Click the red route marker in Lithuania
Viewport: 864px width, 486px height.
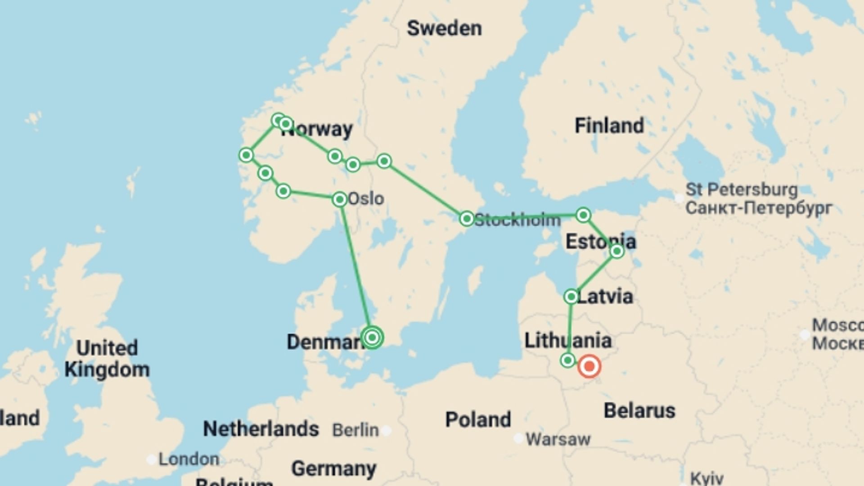(589, 366)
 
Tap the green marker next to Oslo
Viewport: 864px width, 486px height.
(340, 199)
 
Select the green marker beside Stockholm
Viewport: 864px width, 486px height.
(467, 219)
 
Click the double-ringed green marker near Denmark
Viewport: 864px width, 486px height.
(372, 337)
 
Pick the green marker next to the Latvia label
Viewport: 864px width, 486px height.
(571, 297)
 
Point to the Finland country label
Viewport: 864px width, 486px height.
(609, 126)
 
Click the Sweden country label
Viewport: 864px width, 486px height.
(444, 28)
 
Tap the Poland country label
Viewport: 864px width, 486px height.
(478, 419)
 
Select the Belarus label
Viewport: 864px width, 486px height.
(639, 410)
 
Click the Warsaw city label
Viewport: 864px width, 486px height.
(558, 439)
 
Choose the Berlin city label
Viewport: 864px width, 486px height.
(355, 430)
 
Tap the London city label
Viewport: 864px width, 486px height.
(189, 459)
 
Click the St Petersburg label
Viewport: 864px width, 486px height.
(741, 189)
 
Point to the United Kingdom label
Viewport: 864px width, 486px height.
(107, 359)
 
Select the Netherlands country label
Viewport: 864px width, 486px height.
(261, 428)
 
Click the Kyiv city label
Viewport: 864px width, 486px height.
(706, 478)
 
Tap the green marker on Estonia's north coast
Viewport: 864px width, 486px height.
(583, 215)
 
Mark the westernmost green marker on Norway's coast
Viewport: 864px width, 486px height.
(246, 155)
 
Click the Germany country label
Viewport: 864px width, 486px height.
(334, 469)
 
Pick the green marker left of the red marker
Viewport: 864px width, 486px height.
(568, 360)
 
